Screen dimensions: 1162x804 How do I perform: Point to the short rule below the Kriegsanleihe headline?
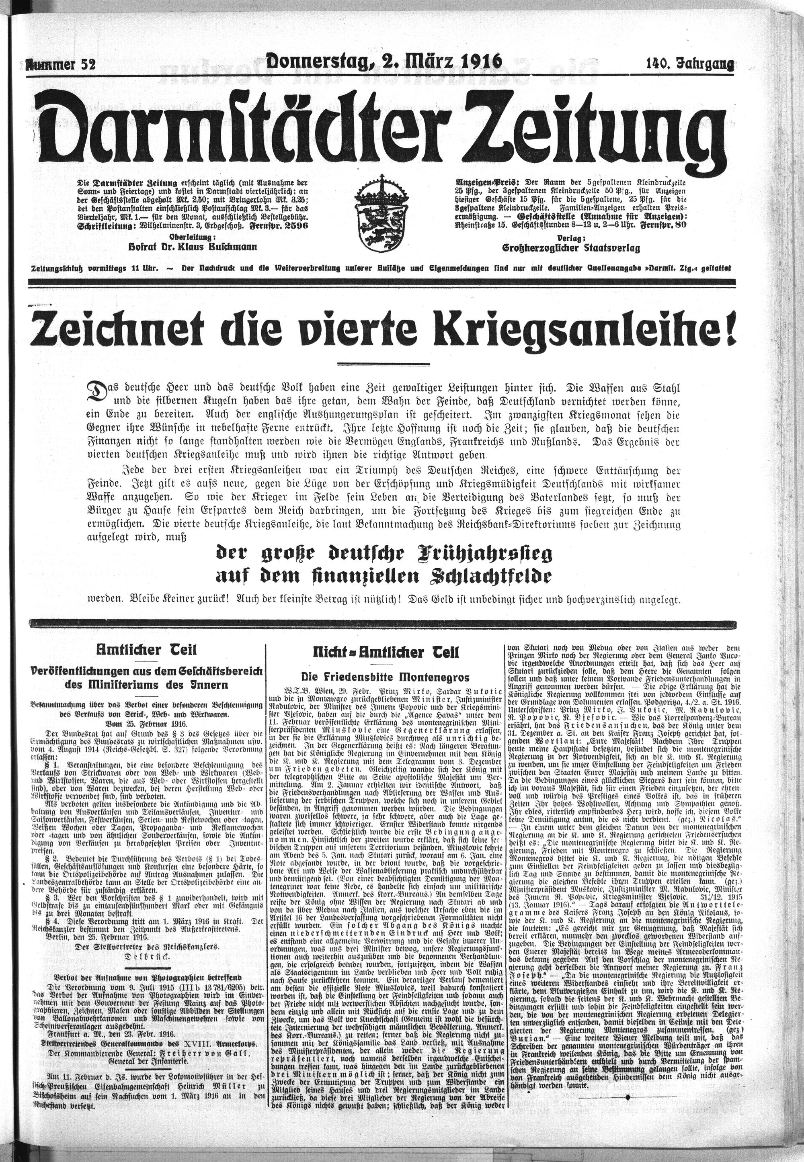tap(383, 364)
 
